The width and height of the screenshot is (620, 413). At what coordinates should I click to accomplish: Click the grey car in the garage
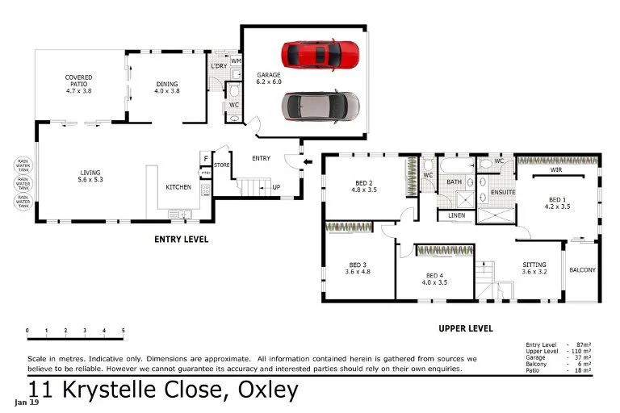(320, 104)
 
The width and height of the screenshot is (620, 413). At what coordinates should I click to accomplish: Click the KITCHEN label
(178, 187)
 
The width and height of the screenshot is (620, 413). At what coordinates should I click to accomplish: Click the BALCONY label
(582, 270)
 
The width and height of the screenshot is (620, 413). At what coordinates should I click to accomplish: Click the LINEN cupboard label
(455, 215)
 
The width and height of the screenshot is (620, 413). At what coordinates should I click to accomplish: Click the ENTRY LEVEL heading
(181, 240)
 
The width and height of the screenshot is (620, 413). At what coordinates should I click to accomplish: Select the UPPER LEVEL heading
(465, 328)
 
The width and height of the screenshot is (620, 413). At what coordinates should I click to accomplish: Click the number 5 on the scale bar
(123, 331)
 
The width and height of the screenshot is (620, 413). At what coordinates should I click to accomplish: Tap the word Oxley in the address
(267, 390)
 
